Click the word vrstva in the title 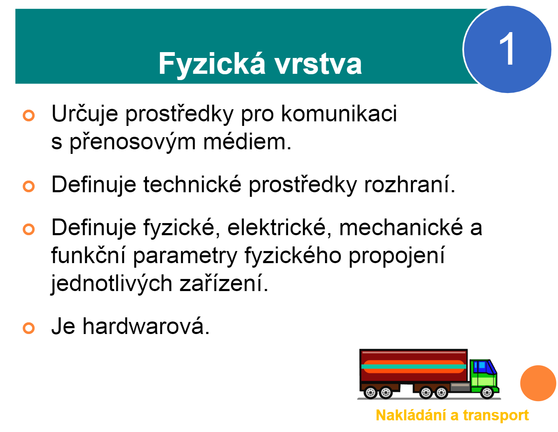318,64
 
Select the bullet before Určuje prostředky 28,115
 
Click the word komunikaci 339,113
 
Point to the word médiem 247,141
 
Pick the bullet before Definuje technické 28,186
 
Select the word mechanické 401,228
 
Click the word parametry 185,256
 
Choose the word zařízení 224,284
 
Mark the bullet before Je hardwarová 28,328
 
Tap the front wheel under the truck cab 487,392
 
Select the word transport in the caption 496,415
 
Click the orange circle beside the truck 538,383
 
